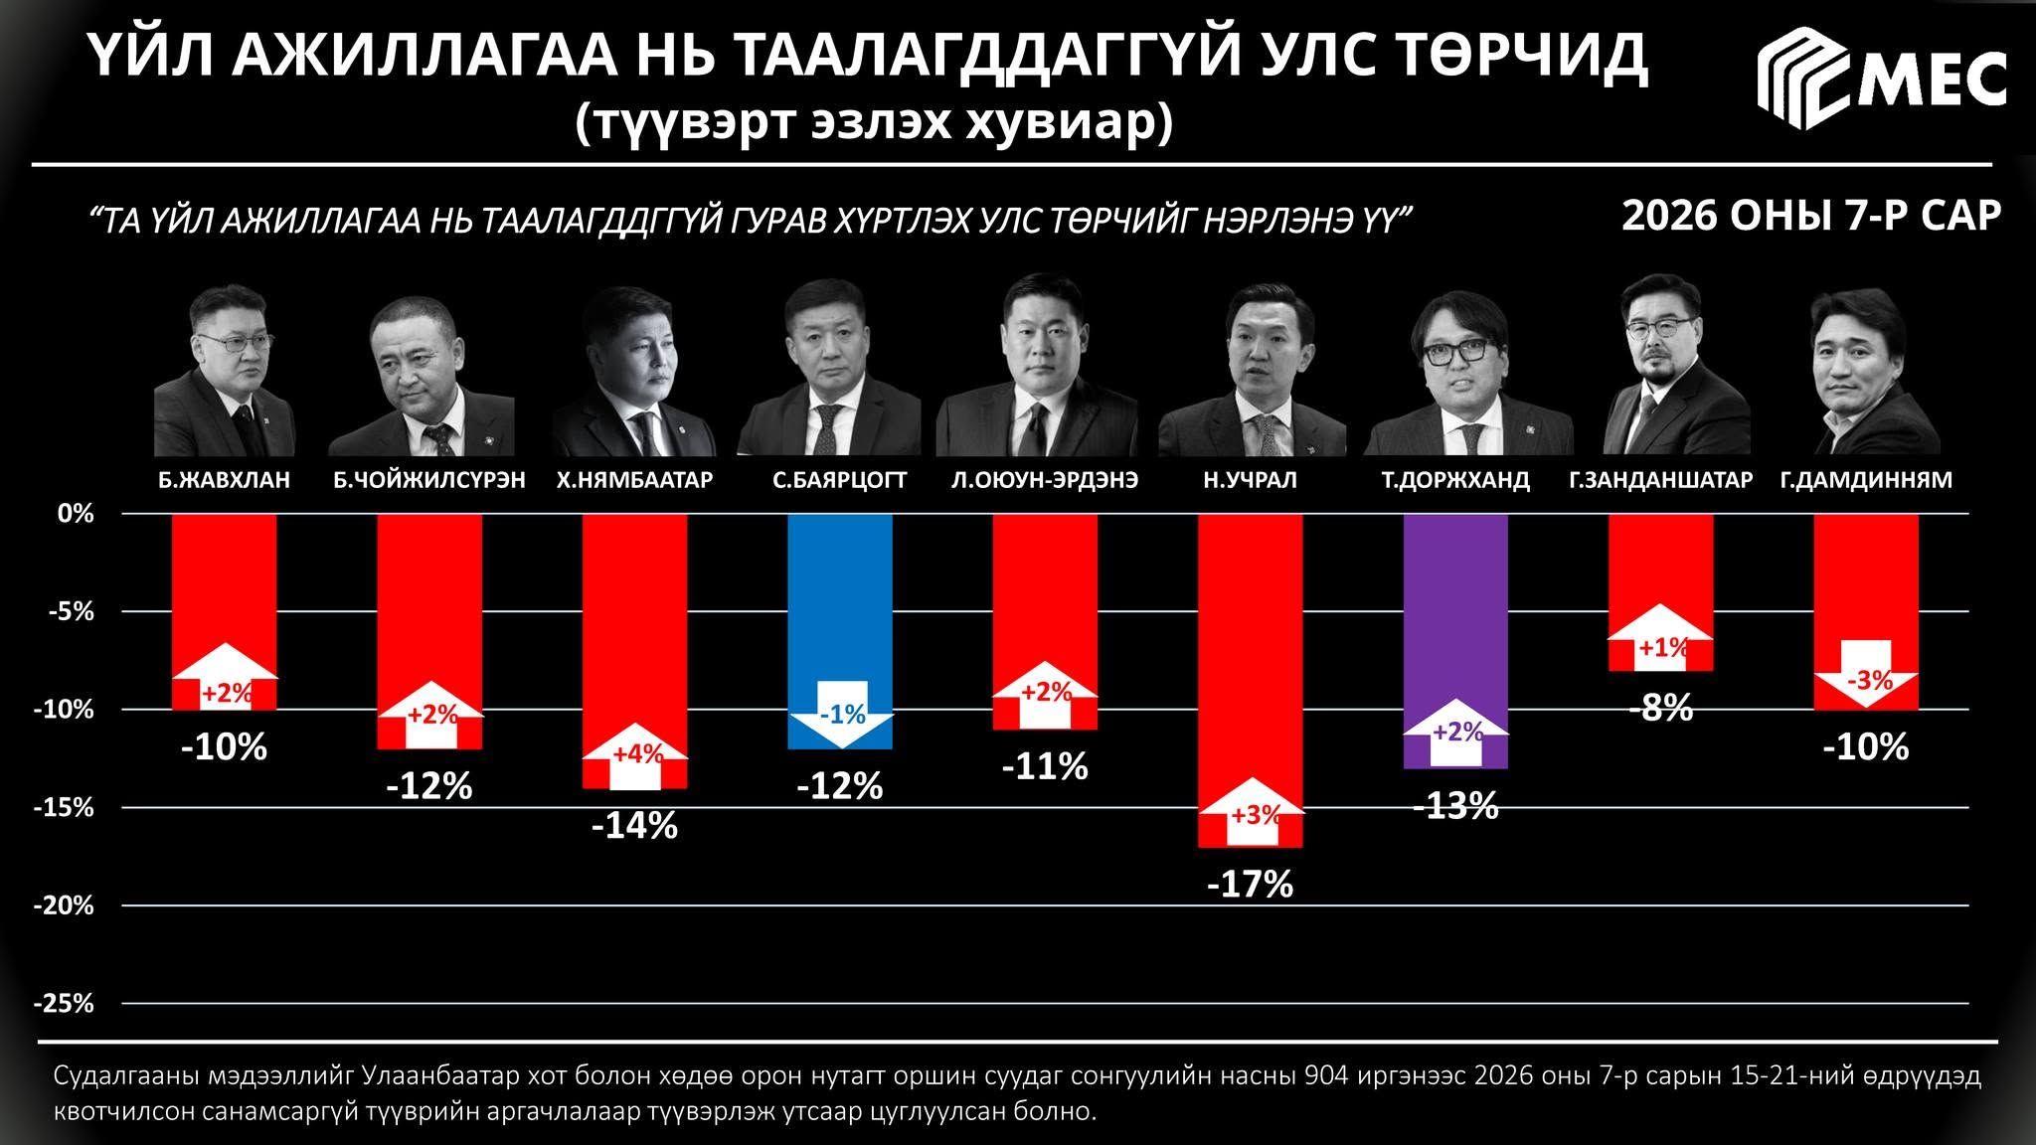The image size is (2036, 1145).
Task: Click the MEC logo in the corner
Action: coord(1881,80)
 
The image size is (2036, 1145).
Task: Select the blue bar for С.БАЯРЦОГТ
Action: coord(840,631)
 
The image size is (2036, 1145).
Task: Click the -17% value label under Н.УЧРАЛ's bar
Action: coord(1250,885)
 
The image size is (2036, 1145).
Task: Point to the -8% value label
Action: coord(1661,709)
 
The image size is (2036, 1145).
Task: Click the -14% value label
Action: coord(634,826)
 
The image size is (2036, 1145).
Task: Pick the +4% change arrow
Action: coord(635,756)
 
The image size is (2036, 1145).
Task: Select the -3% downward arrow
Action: coord(1866,674)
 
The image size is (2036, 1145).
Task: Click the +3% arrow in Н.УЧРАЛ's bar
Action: coord(1251,811)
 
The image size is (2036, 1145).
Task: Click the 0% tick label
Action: coord(75,514)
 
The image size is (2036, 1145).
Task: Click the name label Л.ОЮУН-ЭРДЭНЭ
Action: coord(1044,480)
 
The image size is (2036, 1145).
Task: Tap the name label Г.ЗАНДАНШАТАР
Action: coord(1660,480)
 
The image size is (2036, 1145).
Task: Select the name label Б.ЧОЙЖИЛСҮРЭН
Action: coord(429,480)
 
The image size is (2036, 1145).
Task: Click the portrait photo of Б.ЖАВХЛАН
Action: coord(226,371)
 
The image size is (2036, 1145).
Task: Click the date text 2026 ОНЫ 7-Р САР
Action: coord(1811,216)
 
